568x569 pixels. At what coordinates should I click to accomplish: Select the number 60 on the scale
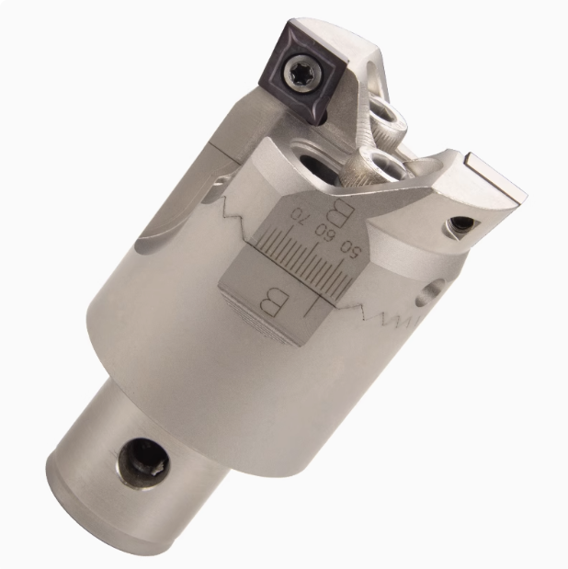324,229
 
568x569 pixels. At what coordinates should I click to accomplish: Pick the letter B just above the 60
337,214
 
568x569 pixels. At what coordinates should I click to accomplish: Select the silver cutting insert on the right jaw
495,185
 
